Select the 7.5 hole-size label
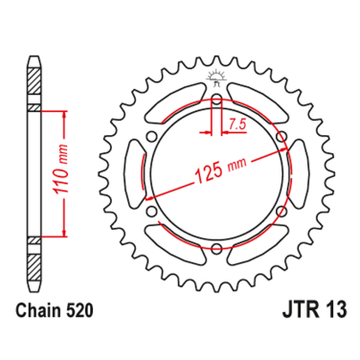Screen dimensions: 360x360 (x=236, y=124)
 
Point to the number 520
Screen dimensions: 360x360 (x=81, y=310)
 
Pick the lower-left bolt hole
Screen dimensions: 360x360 (x=150, y=214)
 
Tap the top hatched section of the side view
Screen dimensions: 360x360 (x=34, y=86)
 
